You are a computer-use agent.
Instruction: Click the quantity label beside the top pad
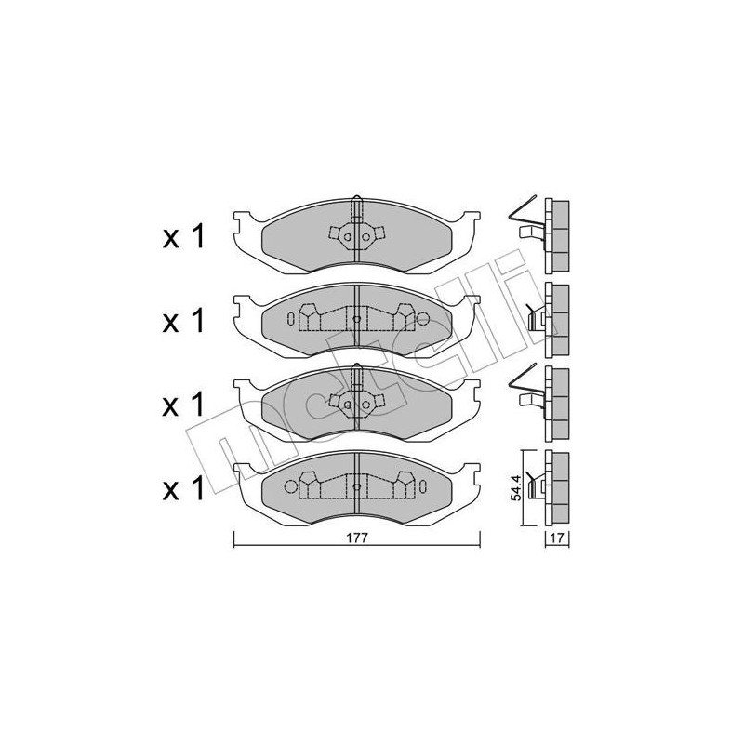click(x=183, y=238)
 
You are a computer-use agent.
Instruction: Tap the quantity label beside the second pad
click(x=183, y=322)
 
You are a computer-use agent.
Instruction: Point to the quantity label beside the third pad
click(x=183, y=406)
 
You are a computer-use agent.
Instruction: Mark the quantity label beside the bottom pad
click(x=183, y=490)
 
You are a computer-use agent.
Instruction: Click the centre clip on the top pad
click(x=356, y=238)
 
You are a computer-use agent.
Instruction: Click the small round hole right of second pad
click(x=423, y=319)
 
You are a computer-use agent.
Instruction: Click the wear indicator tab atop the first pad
click(x=356, y=203)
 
